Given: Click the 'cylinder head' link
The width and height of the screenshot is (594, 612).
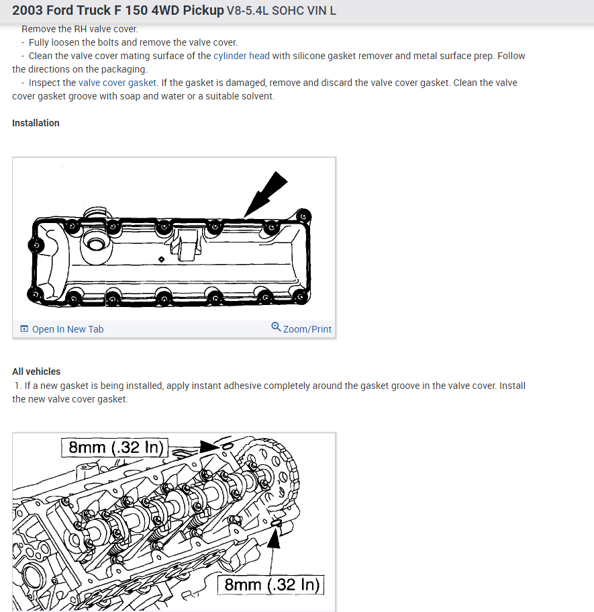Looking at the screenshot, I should click(x=242, y=56).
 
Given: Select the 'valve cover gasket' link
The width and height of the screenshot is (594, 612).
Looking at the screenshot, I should click(x=117, y=83).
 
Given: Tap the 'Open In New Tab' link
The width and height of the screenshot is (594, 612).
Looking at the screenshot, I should click(x=68, y=329).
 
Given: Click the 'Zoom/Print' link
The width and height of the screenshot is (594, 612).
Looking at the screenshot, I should click(x=307, y=329).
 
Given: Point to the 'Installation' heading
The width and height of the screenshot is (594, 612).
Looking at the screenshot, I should click(x=36, y=123).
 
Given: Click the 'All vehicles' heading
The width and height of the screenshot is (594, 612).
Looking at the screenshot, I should click(x=36, y=371).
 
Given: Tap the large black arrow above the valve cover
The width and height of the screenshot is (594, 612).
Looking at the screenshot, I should click(x=266, y=191).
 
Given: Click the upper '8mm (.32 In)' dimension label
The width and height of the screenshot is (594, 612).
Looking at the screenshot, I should click(x=114, y=447).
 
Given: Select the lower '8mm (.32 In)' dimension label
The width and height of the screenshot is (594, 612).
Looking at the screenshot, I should click(x=271, y=584).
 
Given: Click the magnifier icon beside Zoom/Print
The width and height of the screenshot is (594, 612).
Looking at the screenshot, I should click(x=276, y=327).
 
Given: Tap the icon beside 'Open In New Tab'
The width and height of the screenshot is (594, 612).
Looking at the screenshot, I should click(x=24, y=329).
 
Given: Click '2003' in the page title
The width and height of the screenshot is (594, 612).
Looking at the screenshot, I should click(x=28, y=11).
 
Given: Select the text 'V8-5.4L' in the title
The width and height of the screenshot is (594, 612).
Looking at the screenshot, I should click(x=248, y=11).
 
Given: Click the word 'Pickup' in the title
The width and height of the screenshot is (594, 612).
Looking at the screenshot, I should click(x=203, y=11).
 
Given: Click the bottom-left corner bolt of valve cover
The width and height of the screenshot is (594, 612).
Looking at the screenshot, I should click(x=33, y=293).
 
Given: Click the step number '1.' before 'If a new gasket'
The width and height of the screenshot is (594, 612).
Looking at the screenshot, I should click(x=17, y=386).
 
